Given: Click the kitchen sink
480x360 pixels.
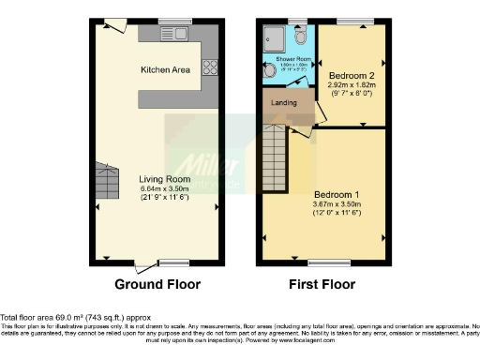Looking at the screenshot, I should [x=173, y=35].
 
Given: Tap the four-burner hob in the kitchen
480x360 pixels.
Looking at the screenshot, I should [x=209, y=67].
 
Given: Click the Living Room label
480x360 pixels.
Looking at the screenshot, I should [x=165, y=178].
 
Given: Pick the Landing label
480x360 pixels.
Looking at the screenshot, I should [x=284, y=102].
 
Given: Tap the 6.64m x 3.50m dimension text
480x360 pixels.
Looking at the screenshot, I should [x=165, y=188].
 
